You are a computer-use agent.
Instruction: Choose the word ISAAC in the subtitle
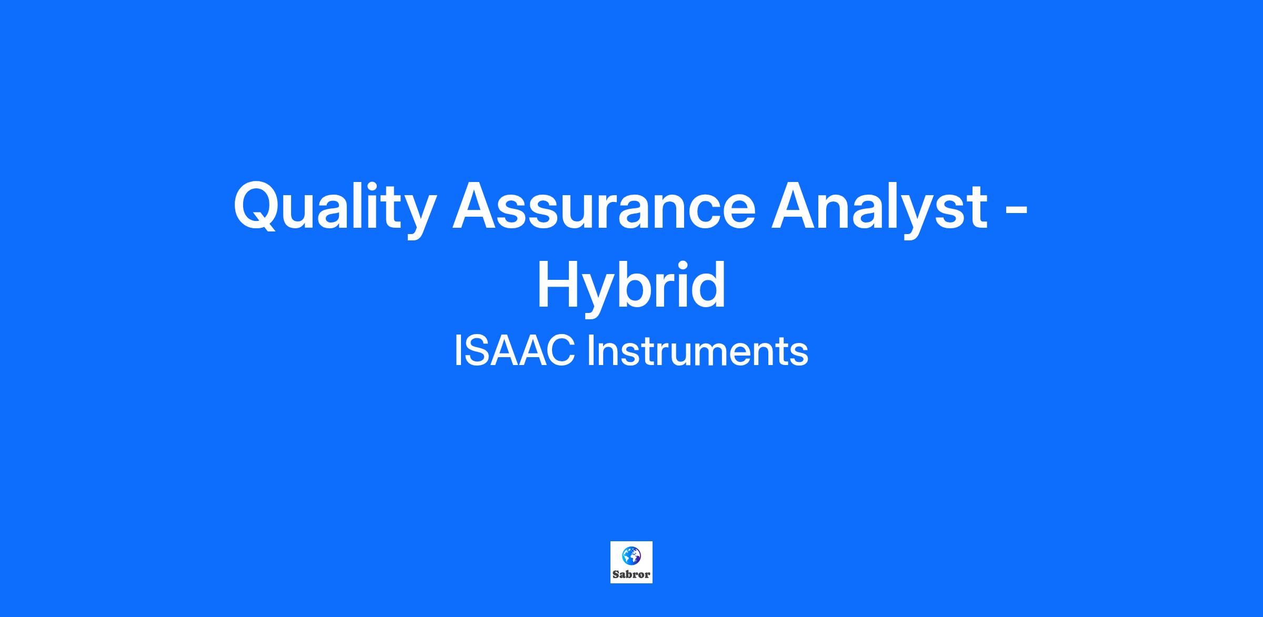coord(514,351)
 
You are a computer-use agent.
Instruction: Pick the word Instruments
coord(697,351)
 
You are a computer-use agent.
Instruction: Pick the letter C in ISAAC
coord(558,351)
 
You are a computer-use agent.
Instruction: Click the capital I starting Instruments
coord(590,351)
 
